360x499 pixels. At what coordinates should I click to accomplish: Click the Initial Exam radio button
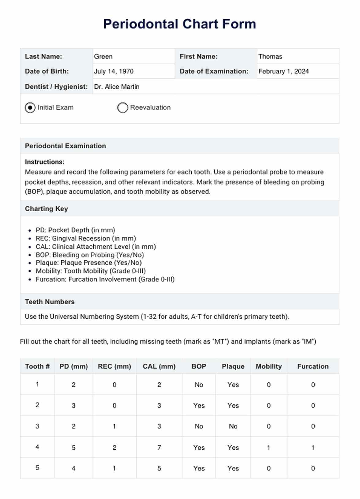click(x=30, y=108)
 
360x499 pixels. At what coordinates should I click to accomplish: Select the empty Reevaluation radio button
click(x=122, y=108)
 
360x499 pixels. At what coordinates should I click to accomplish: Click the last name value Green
click(x=103, y=57)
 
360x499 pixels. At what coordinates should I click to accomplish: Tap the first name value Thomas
click(x=270, y=57)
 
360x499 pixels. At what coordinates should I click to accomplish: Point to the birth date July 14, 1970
click(x=114, y=71)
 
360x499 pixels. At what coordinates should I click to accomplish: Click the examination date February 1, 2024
click(x=283, y=71)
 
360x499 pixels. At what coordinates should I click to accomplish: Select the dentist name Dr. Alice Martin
click(x=117, y=87)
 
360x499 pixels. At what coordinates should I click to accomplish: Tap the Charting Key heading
click(x=47, y=209)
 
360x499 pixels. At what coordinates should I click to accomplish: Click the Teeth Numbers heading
click(x=50, y=302)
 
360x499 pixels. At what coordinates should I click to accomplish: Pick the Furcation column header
click(x=313, y=366)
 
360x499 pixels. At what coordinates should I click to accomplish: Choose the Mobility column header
click(x=268, y=366)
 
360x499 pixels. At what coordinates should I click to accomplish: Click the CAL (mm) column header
click(x=159, y=366)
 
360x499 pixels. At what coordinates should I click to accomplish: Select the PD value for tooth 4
click(x=73, y=448)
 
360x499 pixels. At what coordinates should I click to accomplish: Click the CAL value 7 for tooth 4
click(x=159, y=448)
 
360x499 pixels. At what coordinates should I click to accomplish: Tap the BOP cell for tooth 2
click(x=199, y=406)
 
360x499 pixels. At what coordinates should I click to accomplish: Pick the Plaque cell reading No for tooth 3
click(x=233, y=426)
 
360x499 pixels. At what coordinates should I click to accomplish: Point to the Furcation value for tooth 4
click(x=313, y=448)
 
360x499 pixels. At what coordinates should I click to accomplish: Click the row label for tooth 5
click(x=37, y=468)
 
